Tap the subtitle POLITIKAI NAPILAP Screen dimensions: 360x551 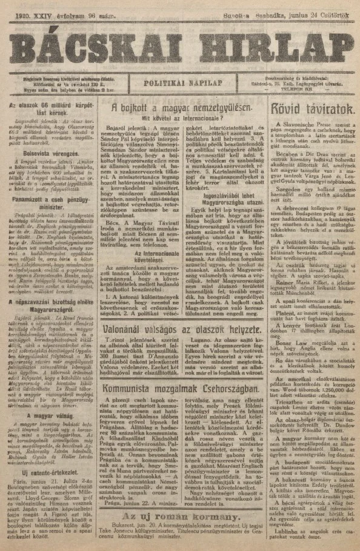(x=180, y=84)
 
